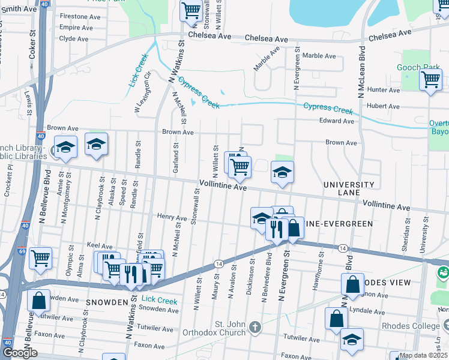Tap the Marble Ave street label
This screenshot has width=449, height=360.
pos(318,55)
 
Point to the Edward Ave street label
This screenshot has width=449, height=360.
pos(336,121)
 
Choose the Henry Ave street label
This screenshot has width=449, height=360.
pos(172,217)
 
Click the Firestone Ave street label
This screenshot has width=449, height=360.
pos(80,16)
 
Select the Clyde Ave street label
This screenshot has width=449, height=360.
pos(74,38)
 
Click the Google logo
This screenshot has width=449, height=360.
pos(20,352)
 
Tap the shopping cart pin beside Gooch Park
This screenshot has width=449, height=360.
pos(430,80)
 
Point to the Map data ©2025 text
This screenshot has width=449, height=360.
pos(423,355)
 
